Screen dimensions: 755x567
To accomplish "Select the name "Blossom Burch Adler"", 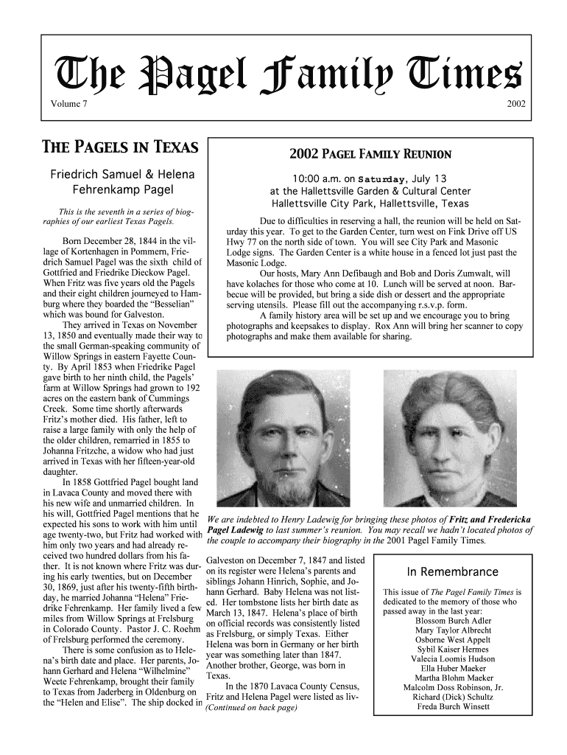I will point(453,620).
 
